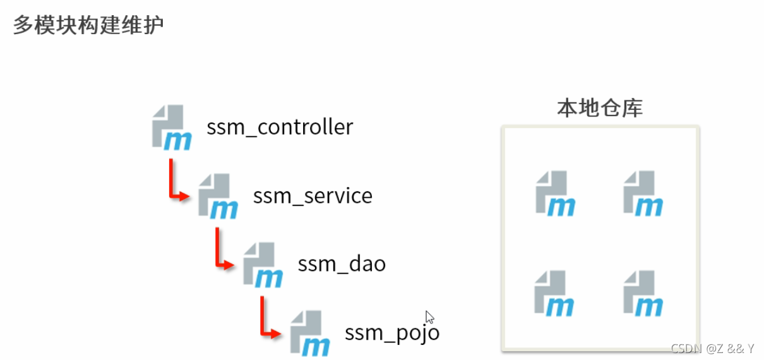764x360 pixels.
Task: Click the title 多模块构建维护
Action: click(88, 25)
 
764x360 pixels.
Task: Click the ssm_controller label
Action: click(280, 128)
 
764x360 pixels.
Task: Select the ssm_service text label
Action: click(313, 196)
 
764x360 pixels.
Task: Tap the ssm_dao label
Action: click(342, 265)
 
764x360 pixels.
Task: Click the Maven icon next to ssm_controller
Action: click(172, 128)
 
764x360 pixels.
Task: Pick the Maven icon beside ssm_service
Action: click(218, 196)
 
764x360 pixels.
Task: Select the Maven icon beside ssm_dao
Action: click(263, 265)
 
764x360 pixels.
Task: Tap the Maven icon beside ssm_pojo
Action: click(309, 333)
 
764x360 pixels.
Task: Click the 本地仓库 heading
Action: click(600, 108)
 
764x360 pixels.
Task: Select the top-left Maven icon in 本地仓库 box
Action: click(556, 194)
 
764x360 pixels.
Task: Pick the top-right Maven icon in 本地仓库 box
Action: click(643, 194)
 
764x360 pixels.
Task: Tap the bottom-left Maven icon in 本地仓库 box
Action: click(554, 294)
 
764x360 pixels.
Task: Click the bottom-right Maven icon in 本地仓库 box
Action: click(643, 294)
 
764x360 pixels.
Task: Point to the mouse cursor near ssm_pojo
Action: click(429, 317)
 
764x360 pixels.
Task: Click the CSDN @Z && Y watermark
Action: click(713, 349)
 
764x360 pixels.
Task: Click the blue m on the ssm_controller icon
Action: click(178, 141)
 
